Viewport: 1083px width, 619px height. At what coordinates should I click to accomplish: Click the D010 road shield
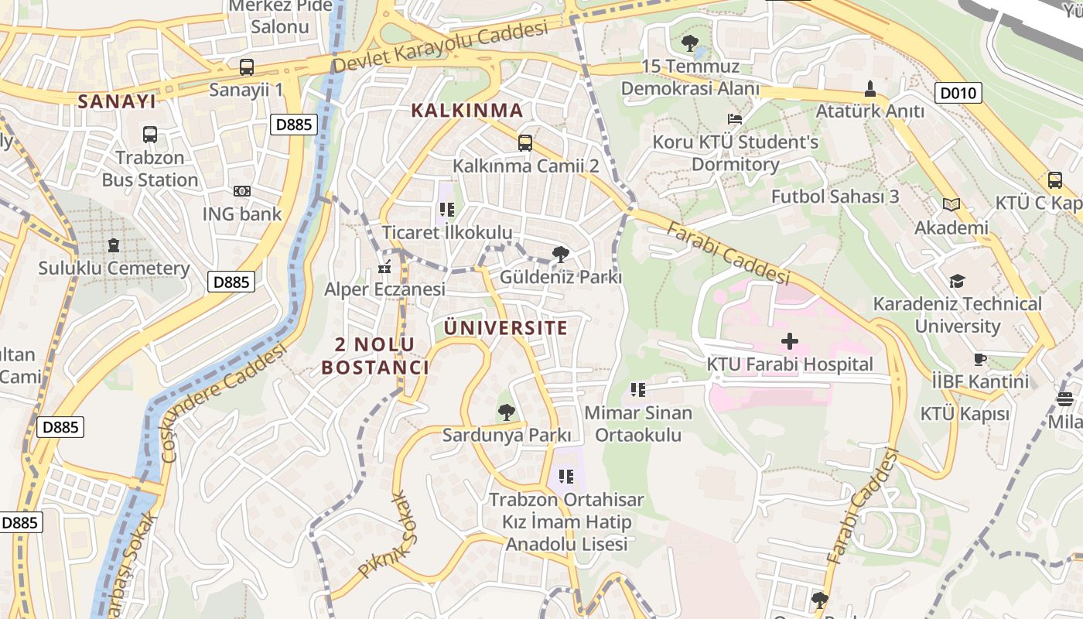[959, 94]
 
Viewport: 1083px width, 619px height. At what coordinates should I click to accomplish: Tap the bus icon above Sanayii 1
[246, 67]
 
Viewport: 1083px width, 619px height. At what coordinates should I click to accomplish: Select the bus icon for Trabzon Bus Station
[150, 135]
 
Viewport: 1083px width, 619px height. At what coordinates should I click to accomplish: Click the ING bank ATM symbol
[242, 190]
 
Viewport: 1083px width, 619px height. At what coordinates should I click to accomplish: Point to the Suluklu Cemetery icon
[114, 245]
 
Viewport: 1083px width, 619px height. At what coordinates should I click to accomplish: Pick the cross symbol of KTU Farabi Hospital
[789, 340]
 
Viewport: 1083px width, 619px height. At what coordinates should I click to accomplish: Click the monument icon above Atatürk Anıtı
[870, 88]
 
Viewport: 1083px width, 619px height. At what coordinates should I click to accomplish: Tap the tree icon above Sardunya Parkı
[507, 412]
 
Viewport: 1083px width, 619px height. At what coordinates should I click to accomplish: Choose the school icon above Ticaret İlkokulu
[446, 209]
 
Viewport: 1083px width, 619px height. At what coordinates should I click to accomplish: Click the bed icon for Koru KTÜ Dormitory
[735, 119]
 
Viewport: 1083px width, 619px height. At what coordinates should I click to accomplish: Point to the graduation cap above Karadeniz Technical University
[958, 281]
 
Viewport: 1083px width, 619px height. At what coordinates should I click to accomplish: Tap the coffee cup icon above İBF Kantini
[980, 359]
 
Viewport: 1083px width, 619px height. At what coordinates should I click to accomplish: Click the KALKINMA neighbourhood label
[466, 110]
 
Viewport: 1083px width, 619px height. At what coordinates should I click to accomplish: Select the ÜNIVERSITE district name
[506, 327]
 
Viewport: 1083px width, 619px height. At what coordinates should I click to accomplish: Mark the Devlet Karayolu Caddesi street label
[439, 47]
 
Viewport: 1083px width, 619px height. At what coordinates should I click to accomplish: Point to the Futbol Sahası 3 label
[835, 197]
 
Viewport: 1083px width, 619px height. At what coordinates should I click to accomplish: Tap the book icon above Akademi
[951, 205]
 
